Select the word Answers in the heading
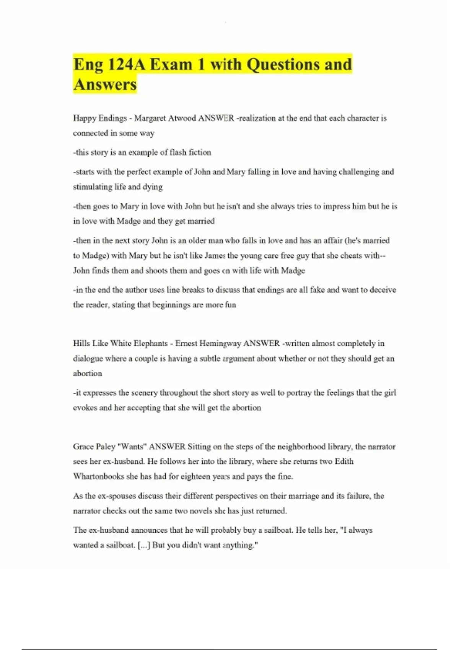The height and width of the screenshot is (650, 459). coord(105,84)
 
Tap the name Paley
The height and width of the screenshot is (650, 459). coord(106,447)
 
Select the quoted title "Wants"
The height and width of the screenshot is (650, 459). coord(132,447)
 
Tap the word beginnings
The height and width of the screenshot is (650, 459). coord(171,305)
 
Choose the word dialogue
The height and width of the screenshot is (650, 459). coord(88,359)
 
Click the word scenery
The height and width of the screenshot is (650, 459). coord(144,393)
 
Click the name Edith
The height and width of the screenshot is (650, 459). coord(344,461)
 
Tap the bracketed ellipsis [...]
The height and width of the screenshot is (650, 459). coord(143,545)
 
